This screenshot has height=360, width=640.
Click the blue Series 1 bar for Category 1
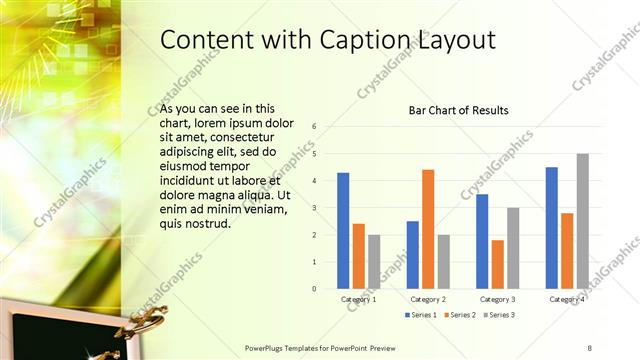tap(343, 230)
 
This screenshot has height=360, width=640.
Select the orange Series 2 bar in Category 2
tap(428, 229)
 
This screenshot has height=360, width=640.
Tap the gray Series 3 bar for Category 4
tap(582, 221)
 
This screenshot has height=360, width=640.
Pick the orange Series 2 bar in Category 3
tap(497, 264)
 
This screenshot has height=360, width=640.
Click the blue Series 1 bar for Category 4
tap(552, 227)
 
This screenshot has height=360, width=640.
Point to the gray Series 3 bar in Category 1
tap(374, 261)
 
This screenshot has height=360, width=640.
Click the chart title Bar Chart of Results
tap(459, 110)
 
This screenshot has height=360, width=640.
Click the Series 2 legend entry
tap(461, 315)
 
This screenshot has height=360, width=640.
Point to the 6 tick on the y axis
tap(314, 127)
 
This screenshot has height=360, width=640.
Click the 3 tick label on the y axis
tap(314, 208)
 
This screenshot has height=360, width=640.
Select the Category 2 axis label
tap(428, 299)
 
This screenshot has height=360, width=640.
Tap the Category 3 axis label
tap(497, 299)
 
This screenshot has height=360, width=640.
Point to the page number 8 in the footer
tap(590, 347)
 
